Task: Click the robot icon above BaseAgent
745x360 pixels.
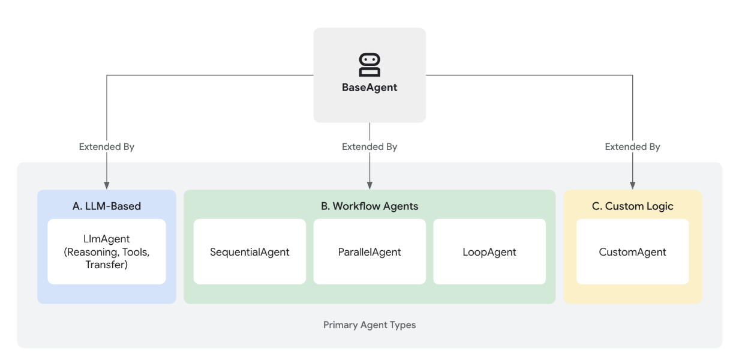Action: coord(370,65)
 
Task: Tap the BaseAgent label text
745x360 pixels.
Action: coord(370,88)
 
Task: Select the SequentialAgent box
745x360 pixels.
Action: coord(250,251)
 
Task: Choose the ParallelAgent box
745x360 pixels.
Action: coord(370,251)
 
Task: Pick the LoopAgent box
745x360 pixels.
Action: coord(489,251)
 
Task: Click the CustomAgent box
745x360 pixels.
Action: coord(633,251)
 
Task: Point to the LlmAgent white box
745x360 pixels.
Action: coord(107,251)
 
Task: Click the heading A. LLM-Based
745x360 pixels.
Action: coord(107,206)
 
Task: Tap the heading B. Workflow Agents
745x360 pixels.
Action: coord(370,206)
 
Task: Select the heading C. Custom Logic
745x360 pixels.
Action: coord(633,206)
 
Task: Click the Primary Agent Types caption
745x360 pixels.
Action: coord(370,325)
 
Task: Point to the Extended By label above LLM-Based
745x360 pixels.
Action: coord(107,147)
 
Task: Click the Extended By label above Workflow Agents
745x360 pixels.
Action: coord(370,147)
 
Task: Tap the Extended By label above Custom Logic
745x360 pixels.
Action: coord(633,147)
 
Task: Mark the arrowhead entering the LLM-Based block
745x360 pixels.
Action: coord(107,185)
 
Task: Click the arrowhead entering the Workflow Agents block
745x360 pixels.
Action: coord(370,185)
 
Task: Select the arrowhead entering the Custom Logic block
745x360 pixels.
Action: coord(633,185)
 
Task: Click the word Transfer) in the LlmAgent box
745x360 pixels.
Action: coord(107,265)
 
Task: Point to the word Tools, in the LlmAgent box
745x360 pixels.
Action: coord(136,252)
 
